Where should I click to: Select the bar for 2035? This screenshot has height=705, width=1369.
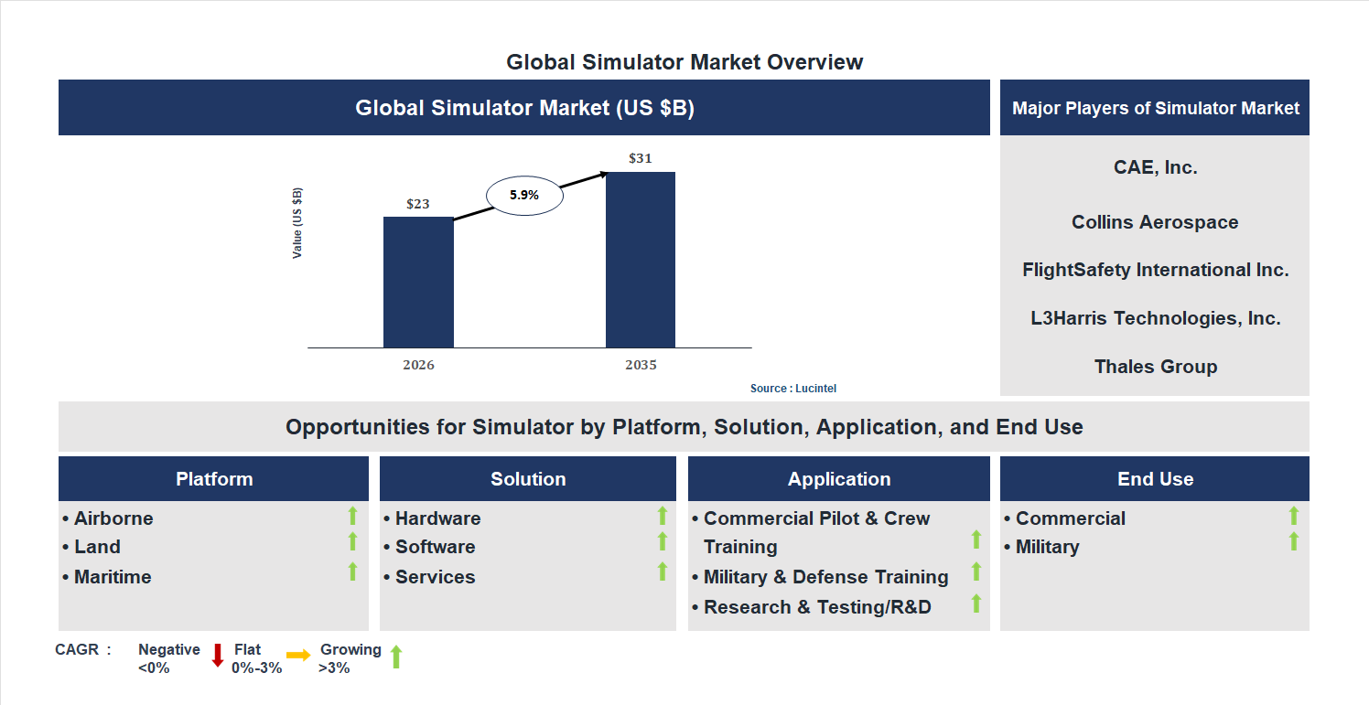[x=641, y=260]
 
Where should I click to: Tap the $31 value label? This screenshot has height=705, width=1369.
[x=641, y=158]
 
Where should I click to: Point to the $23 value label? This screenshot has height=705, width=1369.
[x=418, y=204]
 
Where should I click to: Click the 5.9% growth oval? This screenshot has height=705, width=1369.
[x=524, y=195]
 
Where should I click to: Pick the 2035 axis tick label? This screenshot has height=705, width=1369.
[x=641, y=365]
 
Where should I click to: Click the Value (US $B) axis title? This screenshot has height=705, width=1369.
[x=297, y=223]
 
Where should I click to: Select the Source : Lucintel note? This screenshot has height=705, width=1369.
[x=793, y=389]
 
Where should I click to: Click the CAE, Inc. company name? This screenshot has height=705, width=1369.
[x=1155, y=167]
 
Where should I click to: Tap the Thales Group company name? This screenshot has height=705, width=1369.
[x=1155, y=367]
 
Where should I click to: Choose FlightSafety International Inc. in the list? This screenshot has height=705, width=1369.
[x=1155, y=270]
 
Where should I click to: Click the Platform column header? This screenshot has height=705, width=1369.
[x=214, y=479]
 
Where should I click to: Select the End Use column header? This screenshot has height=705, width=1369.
[x=1155, y=479]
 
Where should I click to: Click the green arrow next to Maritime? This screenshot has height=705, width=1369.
[x=352, y=572]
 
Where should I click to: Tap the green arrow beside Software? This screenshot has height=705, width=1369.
[x=663, y=542]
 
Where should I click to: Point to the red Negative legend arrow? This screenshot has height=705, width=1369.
[x=218, y=655]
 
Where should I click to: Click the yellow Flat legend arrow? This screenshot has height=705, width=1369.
[x=298, y=655]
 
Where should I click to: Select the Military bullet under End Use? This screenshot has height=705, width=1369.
[x=1047, y=547]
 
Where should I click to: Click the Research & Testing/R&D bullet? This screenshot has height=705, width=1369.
[x=816, y=607]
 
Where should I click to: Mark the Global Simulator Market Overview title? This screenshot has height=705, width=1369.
[x=684, y=62]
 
